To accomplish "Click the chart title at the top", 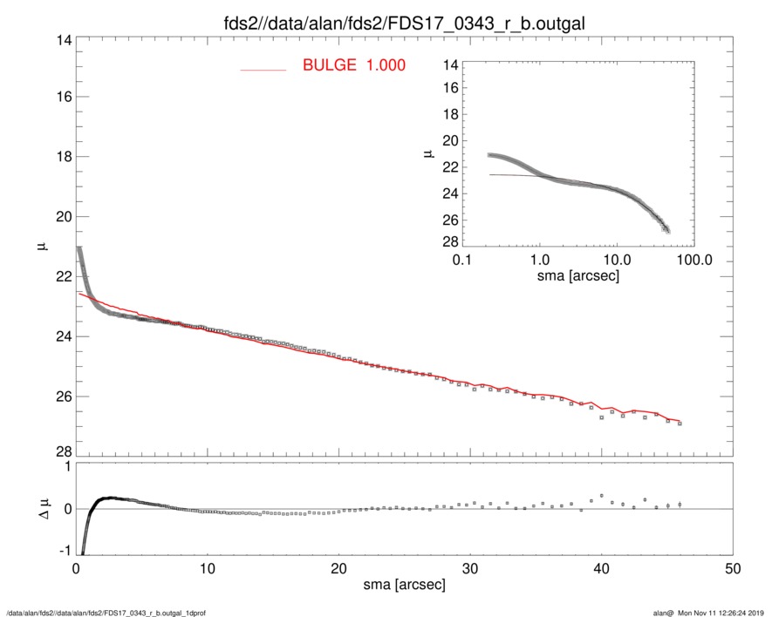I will tap(403, 23).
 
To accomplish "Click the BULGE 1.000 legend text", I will tap(353, 65).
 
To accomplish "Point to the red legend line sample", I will tap(263, 69).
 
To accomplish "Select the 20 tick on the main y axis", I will tap(63, 216).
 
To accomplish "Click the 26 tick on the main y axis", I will tap(63, 397).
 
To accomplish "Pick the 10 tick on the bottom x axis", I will tap(207, 567).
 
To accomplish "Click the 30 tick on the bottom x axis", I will tap(469, 567).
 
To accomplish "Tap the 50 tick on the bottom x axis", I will tap(733, 567).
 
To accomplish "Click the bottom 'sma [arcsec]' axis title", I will tap(403, 585).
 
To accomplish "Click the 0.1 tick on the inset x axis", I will tap(462, 260).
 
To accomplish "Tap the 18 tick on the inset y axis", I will tap(451, 115).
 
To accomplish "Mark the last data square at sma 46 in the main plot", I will tap(680, 424).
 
